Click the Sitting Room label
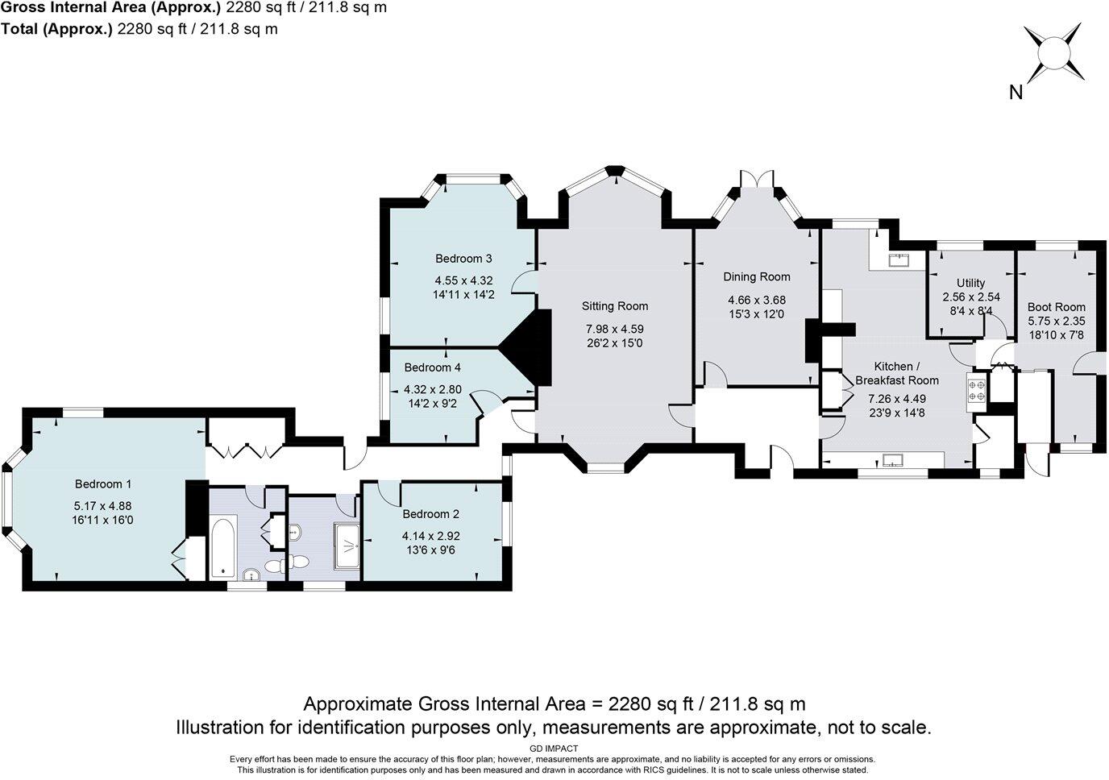pos(615,306)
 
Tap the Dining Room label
pos(756,276)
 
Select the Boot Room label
pos(1056,307)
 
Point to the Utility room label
pos(970,283)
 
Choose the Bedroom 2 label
pos(430,514)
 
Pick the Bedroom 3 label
pos(463,259)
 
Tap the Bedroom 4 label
pos(432,367)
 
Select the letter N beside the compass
pos(1016,93)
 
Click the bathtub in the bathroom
pos(224,548)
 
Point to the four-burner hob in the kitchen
pos(978,390)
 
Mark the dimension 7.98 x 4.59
pos(615,329)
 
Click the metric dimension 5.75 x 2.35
pos(1056,320)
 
